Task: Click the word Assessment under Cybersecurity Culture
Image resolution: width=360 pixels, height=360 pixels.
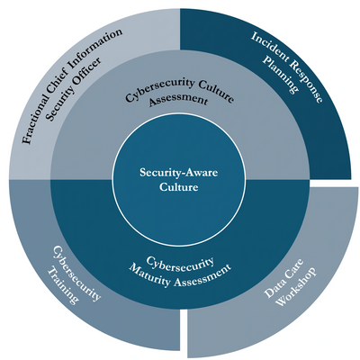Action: pos(178,101)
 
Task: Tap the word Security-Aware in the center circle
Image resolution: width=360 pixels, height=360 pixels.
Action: pos(179,173)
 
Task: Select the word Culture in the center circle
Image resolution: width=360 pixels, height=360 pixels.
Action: pos(179,187)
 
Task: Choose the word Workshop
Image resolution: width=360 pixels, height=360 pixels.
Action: pos(296,286)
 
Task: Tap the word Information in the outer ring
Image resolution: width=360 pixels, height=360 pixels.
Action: pos(97,49)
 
